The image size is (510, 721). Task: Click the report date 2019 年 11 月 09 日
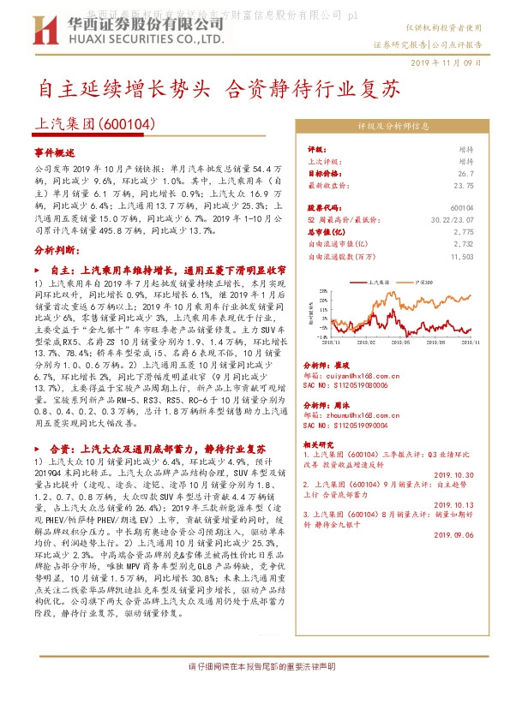pyautogui.click(x=447, y=63)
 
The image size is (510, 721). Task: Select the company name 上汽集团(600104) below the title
pyautogui.click(x=94, y=125)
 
